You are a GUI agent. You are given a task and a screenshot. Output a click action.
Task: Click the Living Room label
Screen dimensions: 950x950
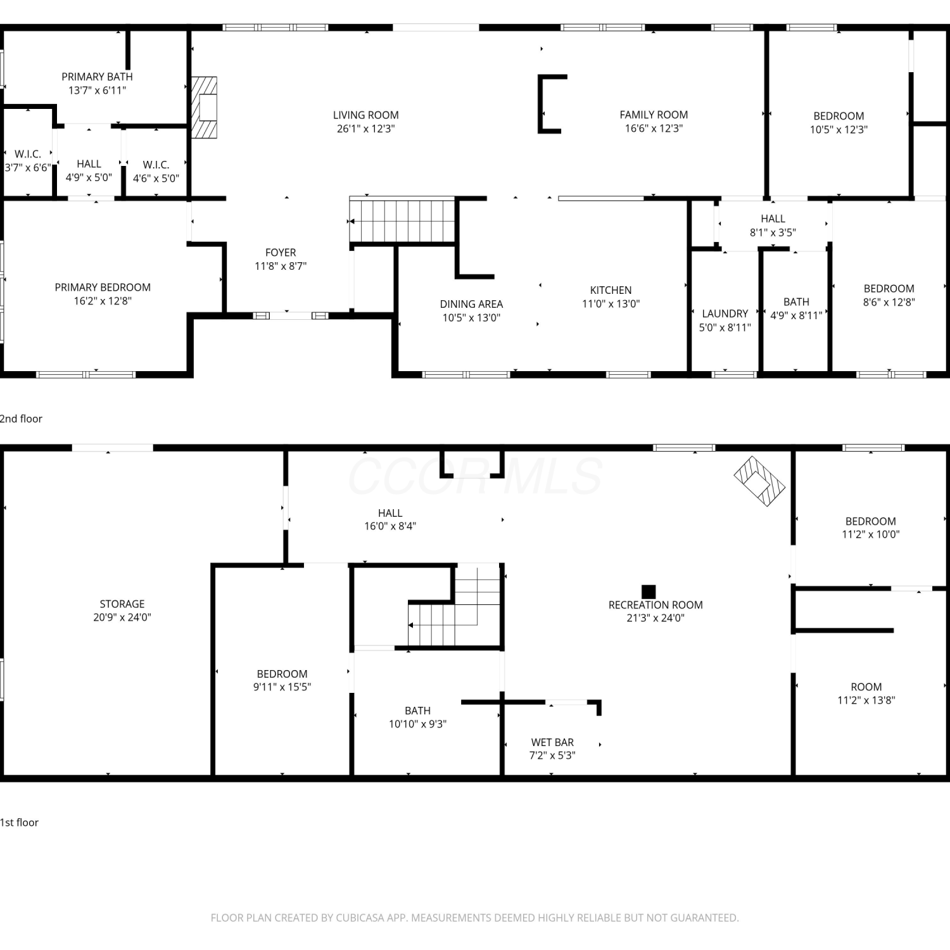366,115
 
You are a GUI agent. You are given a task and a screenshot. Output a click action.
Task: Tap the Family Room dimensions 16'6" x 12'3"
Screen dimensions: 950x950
654,128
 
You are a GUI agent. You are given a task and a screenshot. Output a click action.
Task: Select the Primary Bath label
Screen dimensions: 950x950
97,77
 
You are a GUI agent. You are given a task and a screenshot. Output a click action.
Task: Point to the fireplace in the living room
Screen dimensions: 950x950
204,108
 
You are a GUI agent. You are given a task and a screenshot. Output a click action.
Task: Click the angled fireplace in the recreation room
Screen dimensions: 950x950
759,481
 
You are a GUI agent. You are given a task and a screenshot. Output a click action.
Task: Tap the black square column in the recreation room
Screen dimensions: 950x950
649,592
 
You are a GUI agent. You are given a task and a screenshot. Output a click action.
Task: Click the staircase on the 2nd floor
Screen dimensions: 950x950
402,220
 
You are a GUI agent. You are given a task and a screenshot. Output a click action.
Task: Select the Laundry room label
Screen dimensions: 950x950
725,313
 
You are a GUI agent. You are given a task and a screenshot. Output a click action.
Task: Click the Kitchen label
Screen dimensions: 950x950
611,290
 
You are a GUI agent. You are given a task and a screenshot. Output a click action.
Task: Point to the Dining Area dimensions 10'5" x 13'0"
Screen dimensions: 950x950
471,318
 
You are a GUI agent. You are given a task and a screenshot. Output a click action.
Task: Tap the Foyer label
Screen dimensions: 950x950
281,253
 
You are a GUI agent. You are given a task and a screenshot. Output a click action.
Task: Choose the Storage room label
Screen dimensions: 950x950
122,604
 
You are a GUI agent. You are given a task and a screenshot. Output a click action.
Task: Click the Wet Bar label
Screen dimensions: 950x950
552,742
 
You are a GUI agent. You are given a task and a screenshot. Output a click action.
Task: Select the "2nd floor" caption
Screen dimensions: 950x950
21,419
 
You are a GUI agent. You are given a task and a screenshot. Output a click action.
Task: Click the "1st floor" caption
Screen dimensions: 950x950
19,823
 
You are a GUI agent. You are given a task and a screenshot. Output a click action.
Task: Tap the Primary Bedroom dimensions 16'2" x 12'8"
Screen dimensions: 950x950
103,301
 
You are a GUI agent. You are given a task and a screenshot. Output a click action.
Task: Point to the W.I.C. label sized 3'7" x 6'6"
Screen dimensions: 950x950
28,154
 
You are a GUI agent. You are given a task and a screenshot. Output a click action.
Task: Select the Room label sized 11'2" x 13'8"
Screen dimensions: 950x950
866,687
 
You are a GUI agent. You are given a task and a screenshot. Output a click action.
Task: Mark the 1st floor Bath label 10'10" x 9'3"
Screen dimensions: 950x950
417,711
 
